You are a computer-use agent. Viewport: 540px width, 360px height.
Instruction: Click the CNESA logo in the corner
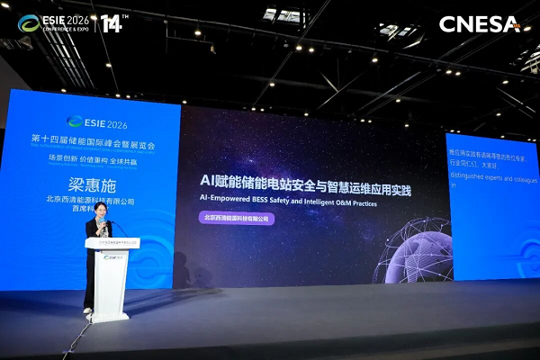pos(479,24)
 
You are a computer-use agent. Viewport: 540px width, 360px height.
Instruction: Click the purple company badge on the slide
pos(237,218)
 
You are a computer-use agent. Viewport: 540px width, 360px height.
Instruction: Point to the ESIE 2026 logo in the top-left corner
pos(53,22)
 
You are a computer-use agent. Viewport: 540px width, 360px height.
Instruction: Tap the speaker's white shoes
pos(87,310)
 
